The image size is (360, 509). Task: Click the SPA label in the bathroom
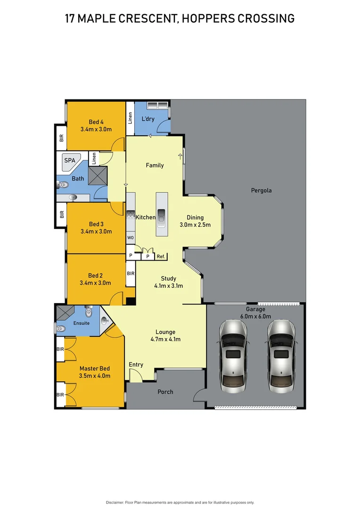point(70,161)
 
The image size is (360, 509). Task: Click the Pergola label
point(262,191)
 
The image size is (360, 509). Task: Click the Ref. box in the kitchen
point(161,256)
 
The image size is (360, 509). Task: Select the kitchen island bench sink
point(161,215)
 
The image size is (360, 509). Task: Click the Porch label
point(165,392)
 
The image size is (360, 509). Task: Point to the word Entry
point(136,365)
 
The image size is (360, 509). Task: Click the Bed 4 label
point(96,123)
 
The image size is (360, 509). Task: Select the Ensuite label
point(81,323)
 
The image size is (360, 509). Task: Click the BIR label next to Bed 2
point(131,273)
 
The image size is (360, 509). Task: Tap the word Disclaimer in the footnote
point(115,502)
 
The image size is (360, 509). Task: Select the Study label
point(168,279)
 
